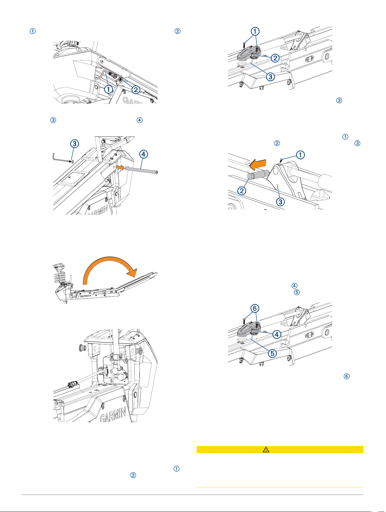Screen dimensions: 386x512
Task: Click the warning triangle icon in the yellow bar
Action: click(266, 450)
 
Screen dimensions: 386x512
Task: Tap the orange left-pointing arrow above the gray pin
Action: click(258, 164)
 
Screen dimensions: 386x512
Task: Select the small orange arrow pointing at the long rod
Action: click(120, 167)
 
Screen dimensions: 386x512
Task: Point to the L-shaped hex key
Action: click(60, 158)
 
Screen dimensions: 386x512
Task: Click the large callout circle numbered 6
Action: click(255, 308)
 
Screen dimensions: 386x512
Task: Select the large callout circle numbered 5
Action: click(272, 353)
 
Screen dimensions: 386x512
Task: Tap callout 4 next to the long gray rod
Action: click(143, 154)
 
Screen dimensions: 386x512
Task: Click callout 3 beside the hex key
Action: click(75, 144)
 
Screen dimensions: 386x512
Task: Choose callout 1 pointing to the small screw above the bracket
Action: click(300, 155)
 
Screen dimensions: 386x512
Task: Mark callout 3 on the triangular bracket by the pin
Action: click(280, 202)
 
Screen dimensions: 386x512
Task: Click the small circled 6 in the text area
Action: click(346, 376)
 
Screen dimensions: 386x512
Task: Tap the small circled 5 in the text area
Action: click(297, 292)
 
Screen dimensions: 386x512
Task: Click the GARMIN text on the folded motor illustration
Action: click(85, 296)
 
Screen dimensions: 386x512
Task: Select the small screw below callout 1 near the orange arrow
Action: click(281, 160)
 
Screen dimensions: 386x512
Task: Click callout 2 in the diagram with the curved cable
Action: click(136, 90)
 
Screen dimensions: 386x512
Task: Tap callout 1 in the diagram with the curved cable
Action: click(108, 89)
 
